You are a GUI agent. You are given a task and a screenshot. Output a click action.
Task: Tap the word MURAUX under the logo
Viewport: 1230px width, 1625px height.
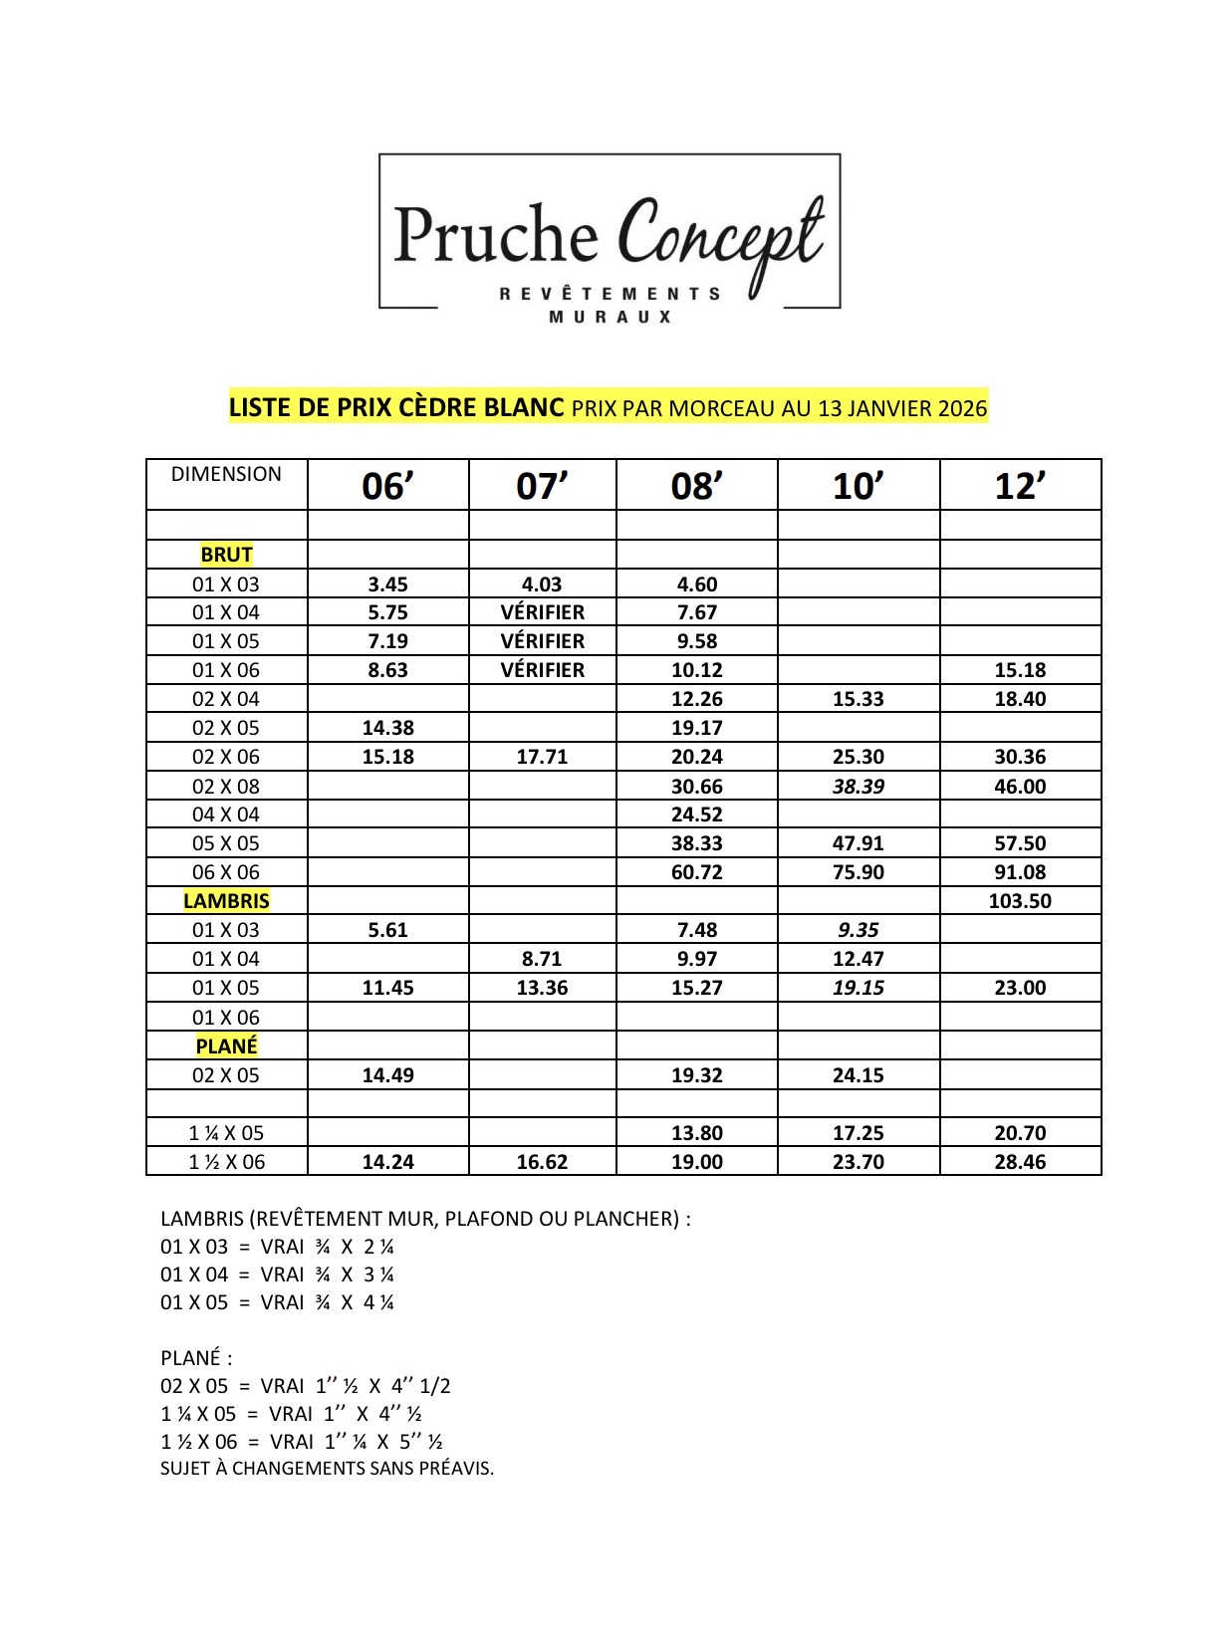pyautogui.click(x=611, y=317)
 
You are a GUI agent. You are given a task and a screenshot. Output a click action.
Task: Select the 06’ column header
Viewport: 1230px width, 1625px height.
pyautogui.click(x=387, y=486)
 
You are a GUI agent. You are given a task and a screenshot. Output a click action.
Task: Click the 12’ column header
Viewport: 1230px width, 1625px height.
pyautogui.click(x=1020, y=486)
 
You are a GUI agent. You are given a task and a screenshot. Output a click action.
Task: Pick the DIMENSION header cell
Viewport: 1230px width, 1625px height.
pyautogui.click(x=226, y=475)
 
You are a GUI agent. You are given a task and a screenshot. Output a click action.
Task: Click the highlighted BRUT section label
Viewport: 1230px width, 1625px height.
pyautogui.click(x=226, y=555)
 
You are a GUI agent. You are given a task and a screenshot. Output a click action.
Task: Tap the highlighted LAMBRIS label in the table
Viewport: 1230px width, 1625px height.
pyautogui.click(x=226, y=901)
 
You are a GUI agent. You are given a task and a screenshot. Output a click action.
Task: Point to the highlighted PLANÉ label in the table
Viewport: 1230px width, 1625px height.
pyautogui.click(x=226, y=1046)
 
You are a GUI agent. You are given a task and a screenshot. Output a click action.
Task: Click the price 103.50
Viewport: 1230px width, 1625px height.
pyautogui.click(x=1020, y=901)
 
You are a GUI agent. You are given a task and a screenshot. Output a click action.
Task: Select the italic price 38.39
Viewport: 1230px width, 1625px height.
pyautogui.click(x=858, y=787)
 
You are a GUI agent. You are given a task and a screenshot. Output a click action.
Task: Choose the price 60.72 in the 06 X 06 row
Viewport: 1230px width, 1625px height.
pyautogui.click(x=696, y=872)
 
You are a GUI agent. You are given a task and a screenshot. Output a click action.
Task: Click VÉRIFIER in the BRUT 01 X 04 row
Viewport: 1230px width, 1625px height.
pyautogui.click(x=542, y=612)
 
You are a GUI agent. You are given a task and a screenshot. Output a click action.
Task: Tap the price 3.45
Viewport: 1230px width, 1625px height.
pyautogui.click(x=387, y=584)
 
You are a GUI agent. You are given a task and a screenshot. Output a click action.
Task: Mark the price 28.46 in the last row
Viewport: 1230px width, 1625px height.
pyautogui.click(x=1020, y=1162)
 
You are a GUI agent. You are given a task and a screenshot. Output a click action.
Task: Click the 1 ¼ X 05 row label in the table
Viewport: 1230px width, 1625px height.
pyautogui.click(x=226, y=1133)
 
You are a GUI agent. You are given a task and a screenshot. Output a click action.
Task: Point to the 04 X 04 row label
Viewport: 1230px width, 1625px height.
pyautogui.click(x=226, y=814)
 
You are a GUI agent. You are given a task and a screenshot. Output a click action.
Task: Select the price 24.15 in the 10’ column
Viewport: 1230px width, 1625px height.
pyautogui.click(x=858, y=1075)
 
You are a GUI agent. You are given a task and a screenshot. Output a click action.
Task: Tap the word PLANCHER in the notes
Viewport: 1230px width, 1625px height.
pyautogui.click(x=625, y=1219)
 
